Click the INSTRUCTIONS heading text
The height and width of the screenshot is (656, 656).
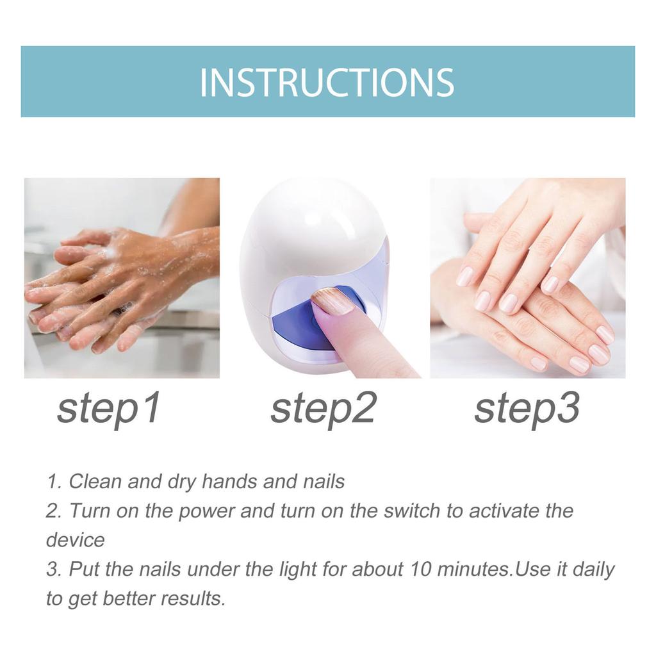327,82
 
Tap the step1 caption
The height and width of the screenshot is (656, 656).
108,409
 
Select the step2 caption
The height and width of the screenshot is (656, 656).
322,409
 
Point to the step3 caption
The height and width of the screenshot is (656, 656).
527,409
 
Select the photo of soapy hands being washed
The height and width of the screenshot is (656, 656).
122,278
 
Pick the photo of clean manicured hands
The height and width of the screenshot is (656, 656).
527,278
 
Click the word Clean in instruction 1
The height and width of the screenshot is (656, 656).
95,481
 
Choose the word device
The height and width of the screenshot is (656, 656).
75,540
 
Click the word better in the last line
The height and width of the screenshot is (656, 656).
129,598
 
